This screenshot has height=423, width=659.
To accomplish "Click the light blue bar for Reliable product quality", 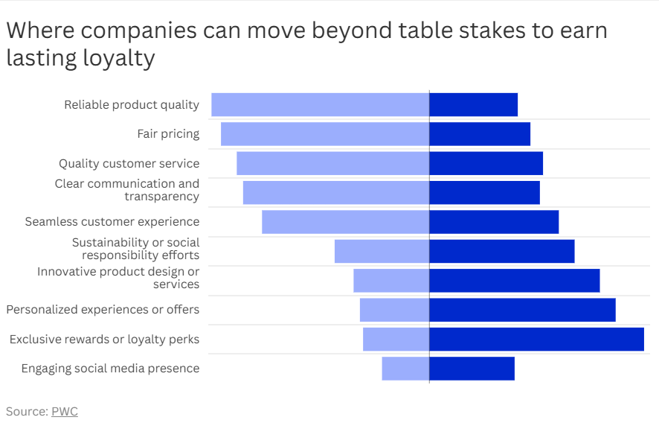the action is click(321, 105).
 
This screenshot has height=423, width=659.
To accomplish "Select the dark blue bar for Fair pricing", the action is click(480, 134).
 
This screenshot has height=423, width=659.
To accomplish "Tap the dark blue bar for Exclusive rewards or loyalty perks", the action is click(537, 340).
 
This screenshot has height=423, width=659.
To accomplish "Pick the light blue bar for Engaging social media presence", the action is click(405, 369).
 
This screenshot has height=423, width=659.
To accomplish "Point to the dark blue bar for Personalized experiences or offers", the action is click(522, 311).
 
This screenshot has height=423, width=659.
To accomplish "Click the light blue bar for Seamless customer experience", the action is click(345, 222).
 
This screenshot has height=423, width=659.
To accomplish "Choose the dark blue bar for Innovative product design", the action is click(515, 281).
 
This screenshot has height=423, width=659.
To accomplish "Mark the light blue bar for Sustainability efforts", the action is click(382, 251).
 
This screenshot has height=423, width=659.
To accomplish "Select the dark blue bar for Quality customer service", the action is click(486, 163).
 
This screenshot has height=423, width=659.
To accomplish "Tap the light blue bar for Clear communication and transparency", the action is click(336, 193).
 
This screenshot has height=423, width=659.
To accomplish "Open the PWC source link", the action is click(65, 411).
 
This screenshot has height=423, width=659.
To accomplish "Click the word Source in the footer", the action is click(27, 411).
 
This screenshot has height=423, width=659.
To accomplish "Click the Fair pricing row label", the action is click(168, 134).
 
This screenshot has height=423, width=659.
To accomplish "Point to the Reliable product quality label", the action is click(132, 105).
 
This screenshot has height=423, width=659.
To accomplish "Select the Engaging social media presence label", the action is click(111, 369).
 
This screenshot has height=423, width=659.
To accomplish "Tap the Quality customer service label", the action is click(129, 163).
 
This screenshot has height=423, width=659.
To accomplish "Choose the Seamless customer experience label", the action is click(112, 222).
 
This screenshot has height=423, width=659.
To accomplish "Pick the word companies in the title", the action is click(138, 31).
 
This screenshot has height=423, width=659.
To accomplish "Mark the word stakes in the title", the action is click(492, 31).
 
